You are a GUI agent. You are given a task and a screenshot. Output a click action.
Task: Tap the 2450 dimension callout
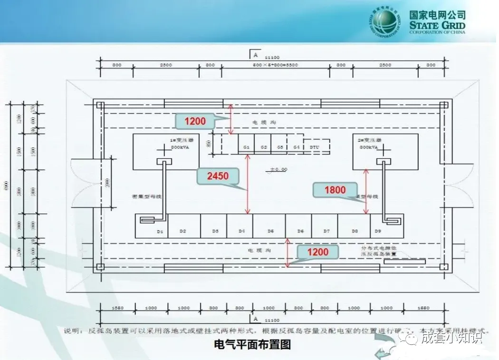[x=217, y=176]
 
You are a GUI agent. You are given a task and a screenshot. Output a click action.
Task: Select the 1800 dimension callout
[x=335, y=190]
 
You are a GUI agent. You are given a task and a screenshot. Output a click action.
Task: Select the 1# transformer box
[x=166, y=151]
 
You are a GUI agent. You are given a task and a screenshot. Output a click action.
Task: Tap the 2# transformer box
[x=385, y=151]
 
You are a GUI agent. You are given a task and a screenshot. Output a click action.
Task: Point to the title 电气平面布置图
[x=252, y=344]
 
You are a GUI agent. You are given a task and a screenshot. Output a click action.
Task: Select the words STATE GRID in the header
[x=437, y=25]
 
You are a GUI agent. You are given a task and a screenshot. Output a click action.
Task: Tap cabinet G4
[x=296, y=147]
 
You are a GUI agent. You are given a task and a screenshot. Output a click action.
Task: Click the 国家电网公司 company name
[x=437, y=15]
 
